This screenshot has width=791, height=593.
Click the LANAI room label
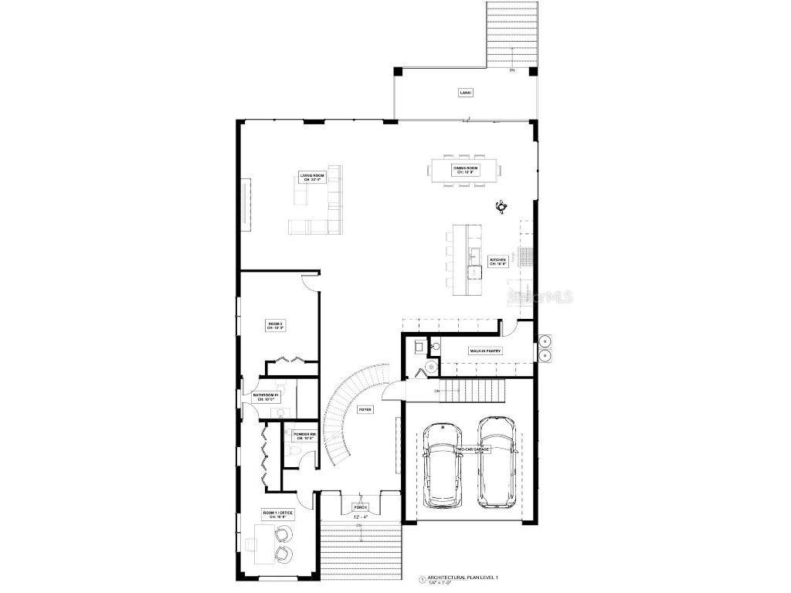pyautogui.click(x=465, y=93)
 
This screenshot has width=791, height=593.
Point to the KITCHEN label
pyautogui.click(x=497, y=262)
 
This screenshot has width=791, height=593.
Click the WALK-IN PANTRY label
pyautogui.click(x=486, y=351)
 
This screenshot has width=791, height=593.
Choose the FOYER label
pyautogui.click(x=365, y=409)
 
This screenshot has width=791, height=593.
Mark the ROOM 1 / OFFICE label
pyautogui.click(x=275, y=515)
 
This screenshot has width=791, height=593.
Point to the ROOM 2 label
pyautogui.click(x=276, y=325)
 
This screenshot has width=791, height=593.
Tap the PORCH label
pyautogui.click(x=361, y=507)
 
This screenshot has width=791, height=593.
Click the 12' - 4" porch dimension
pyautogui.click(x=359, y=517)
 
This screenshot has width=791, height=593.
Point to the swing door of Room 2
pyautogui.click(x=308, y=281)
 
